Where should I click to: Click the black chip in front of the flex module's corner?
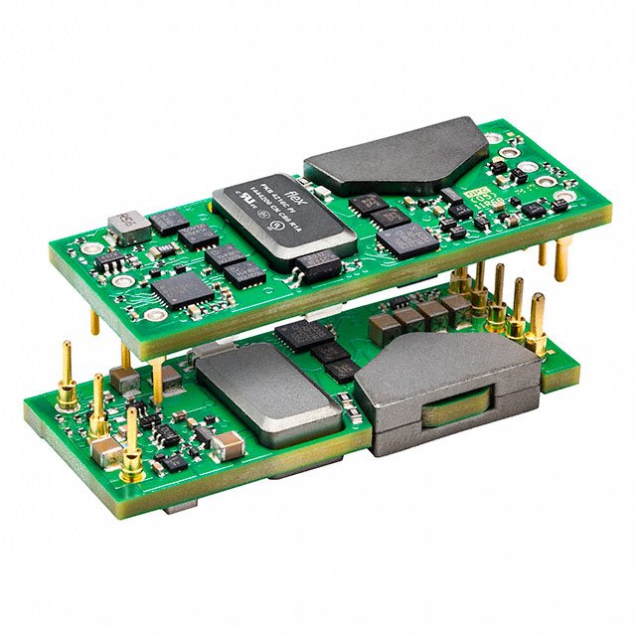click(319, 263)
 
